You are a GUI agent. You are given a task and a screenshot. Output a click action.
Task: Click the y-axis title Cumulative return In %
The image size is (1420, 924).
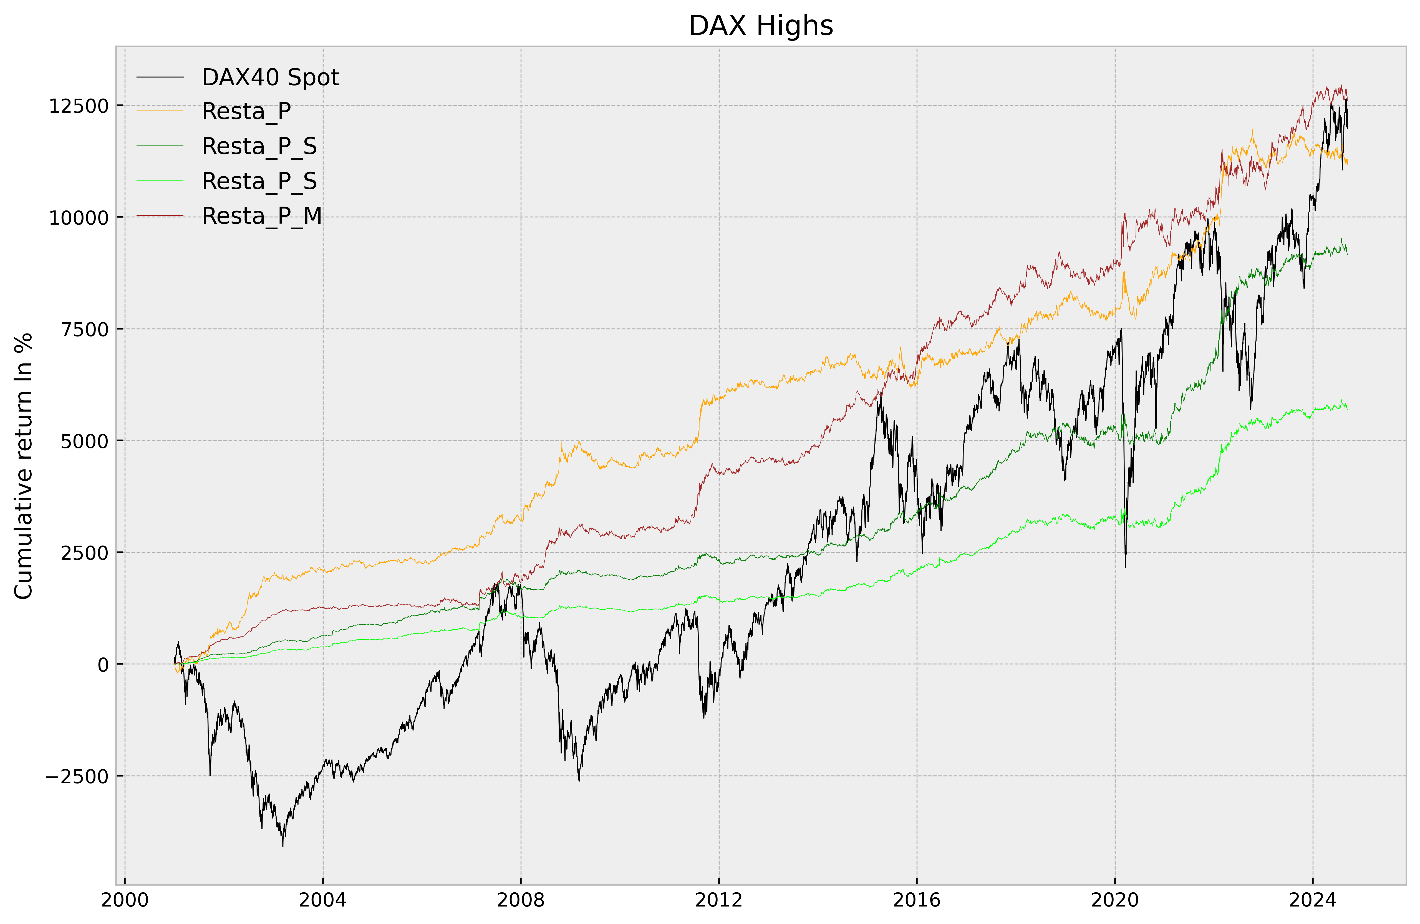(x=24, y=466)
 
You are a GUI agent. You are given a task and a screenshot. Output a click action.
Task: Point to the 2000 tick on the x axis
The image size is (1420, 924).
(x=125, y=900)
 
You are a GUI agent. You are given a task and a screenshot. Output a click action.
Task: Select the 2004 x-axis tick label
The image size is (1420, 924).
(x=323, y=900)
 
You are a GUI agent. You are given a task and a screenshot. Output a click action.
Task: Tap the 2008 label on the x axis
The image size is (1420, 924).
(x=521, y=900)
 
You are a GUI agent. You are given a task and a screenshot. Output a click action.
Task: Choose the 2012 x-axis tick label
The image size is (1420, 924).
(x=719, y=900)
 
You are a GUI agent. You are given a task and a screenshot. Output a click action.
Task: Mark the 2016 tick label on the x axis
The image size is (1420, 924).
(x=917, y=900)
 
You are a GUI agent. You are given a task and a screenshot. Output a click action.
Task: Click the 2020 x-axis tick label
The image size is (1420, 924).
(x=1114, y=900)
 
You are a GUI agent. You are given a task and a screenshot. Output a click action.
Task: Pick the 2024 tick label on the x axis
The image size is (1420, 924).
(x=1313, y=900)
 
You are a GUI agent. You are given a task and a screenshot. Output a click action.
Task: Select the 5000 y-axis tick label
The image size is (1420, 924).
(x=85, y=441)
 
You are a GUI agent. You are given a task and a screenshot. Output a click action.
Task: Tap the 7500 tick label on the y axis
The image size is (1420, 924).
(x=85, y=329)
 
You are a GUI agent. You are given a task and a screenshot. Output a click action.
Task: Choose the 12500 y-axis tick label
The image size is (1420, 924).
(x=79, y=106)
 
